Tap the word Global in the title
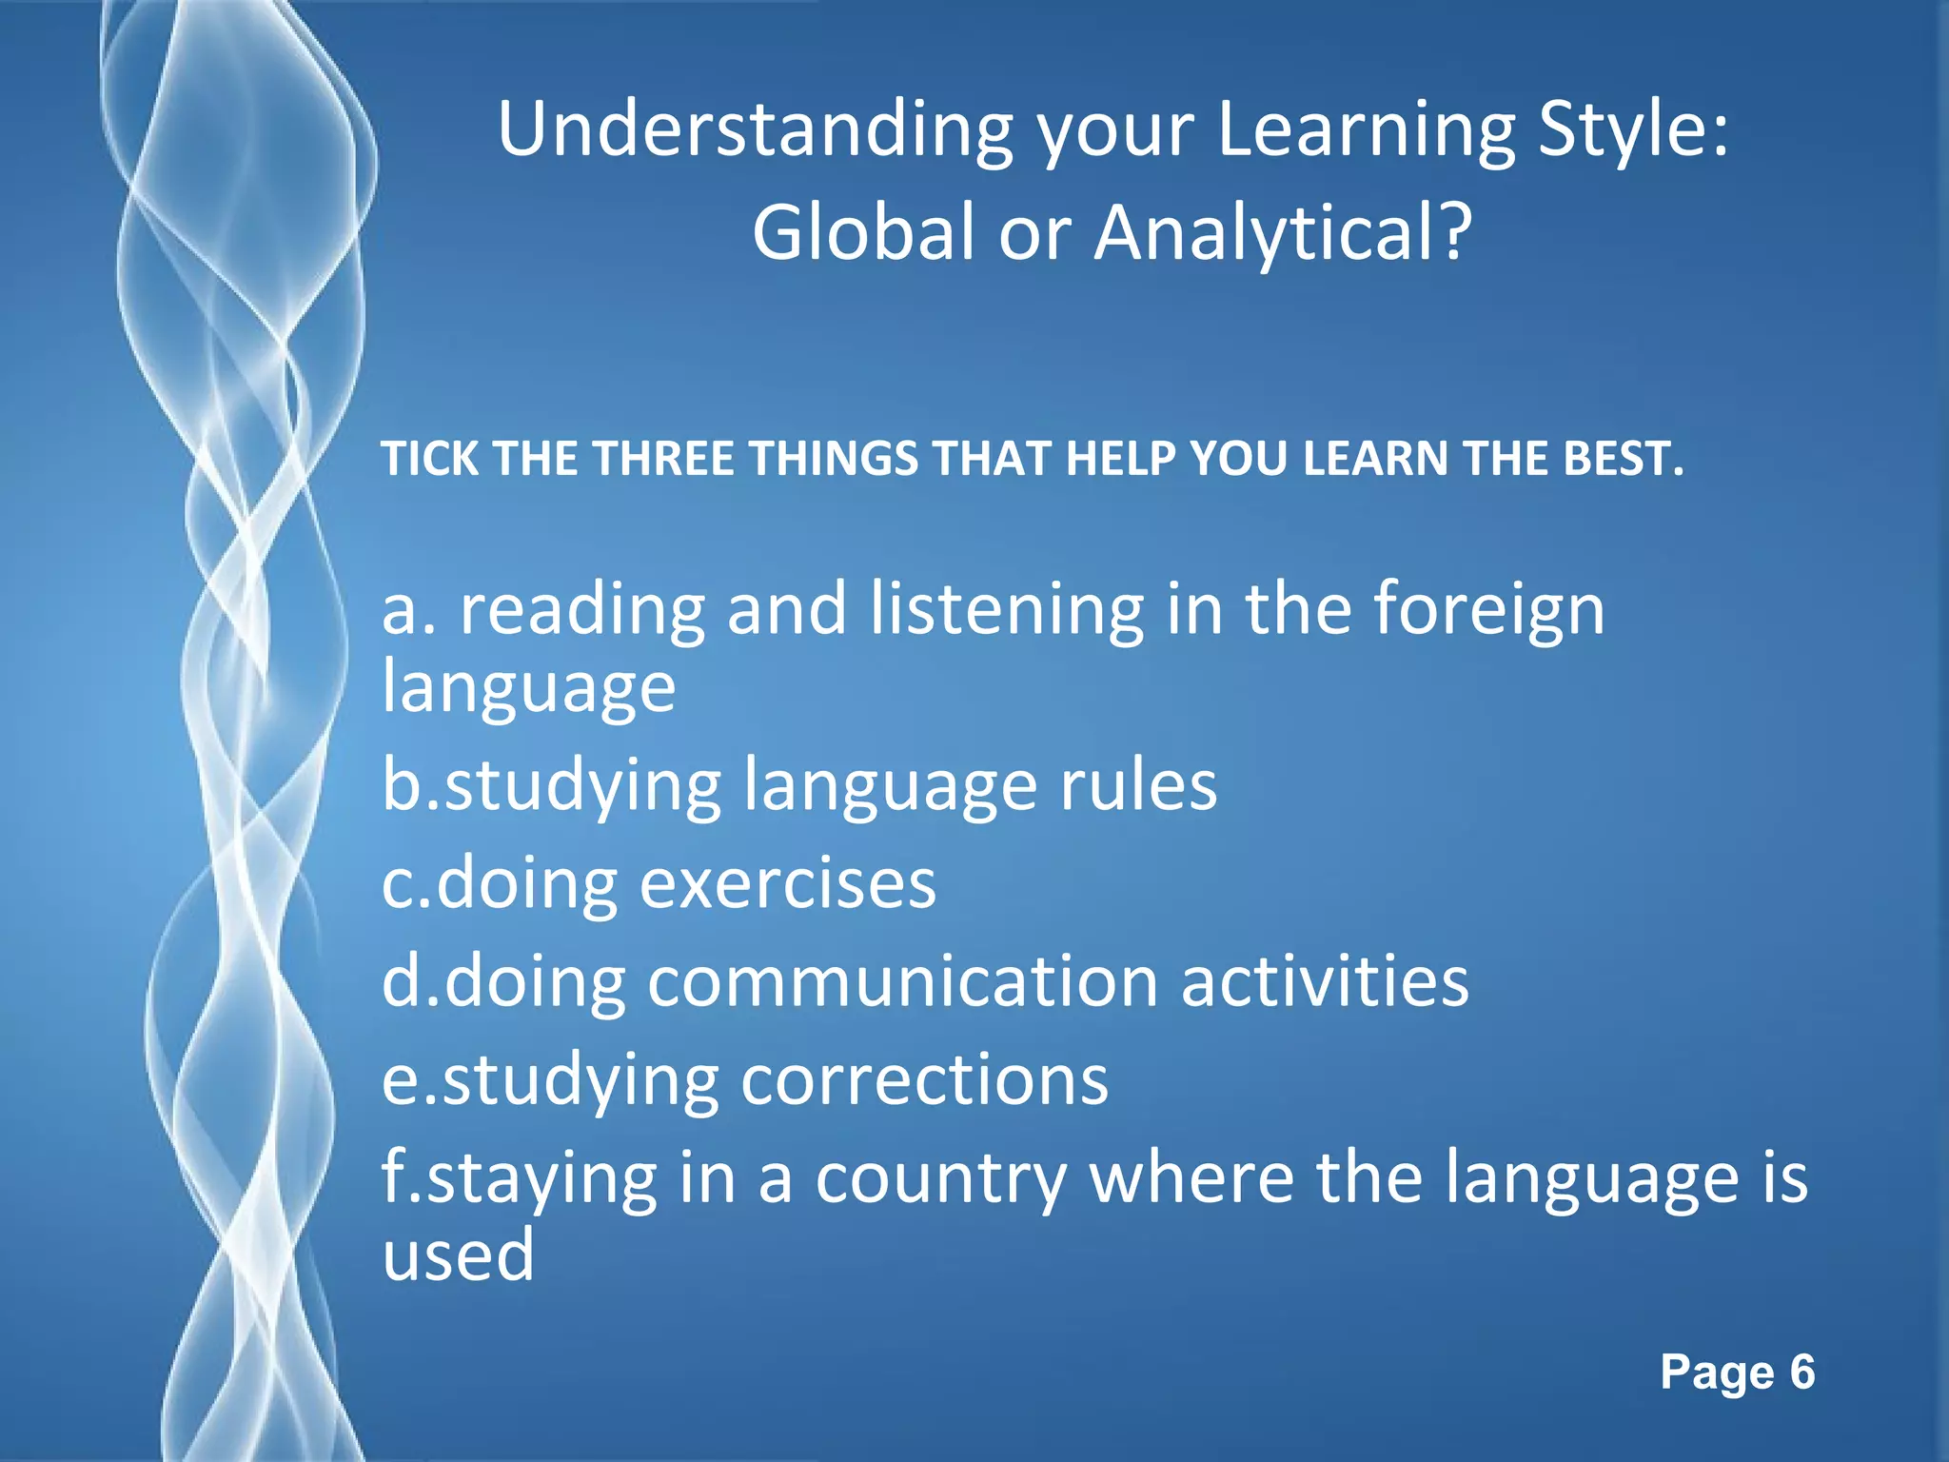[x=863, y=233]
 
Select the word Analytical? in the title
[x=1283, y=233]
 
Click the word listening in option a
[x=1006, y=610]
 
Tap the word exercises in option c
[x=788, y=884]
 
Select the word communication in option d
[x=902, y=982]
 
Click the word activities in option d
[x=1325, y=982]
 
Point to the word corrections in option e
[x=924, y=1080]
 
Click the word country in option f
[x=940, y=1178]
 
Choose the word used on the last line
[x=458, y=1255]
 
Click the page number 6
[x=1801, y=1373]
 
